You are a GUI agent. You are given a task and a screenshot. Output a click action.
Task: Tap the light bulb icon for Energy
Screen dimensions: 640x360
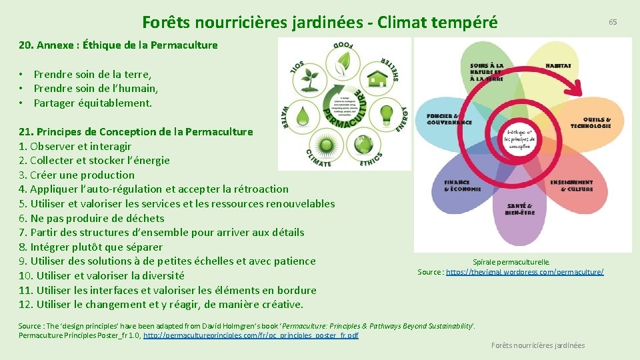[x=385, y=114]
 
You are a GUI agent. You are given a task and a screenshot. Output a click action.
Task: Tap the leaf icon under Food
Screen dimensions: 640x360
[x=345, y=63]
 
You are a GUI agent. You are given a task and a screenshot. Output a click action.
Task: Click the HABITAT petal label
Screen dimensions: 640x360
[x=557, y=66]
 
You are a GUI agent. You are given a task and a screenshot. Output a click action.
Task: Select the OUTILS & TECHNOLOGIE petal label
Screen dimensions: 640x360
[x=590, y=123]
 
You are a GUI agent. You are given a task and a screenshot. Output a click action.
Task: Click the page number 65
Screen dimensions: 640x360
[x=612, y=22]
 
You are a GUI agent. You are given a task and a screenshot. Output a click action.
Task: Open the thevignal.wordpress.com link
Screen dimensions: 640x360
[x=525, y=272]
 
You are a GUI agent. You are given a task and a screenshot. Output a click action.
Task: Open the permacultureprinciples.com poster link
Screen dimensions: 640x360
[x=251, y=335]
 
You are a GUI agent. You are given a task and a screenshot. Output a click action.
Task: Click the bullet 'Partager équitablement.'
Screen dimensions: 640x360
[x=93, y=103]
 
